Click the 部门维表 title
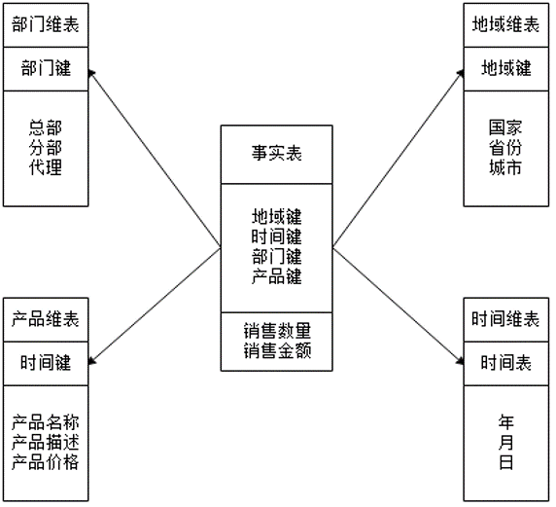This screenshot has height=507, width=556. [46, 25]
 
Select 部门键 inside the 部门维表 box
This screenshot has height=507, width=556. [46, 68]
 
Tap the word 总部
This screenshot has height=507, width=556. [46, 127]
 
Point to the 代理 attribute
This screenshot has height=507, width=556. [46, 167]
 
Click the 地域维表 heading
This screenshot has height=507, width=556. [506, 25]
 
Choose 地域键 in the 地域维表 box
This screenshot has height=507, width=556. [506, 68]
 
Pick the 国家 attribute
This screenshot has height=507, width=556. [505, 127]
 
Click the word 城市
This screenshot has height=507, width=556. [505, 167]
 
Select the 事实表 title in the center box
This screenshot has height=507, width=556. [277, 154]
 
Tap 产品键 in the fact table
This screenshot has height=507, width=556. [277, 276]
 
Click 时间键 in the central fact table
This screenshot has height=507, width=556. [277, 236]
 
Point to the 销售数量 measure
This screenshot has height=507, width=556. [277, 331]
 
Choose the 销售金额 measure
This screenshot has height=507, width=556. [277, 351]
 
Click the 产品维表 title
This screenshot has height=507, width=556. [46, 319]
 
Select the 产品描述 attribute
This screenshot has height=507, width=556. [46, 443]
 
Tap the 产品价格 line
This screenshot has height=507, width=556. [46, 462]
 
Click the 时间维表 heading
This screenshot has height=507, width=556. [506, 319]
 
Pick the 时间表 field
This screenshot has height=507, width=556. [506, 363]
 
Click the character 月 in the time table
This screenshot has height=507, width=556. [506, 443]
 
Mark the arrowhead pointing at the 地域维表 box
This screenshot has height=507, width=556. [461, 74]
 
